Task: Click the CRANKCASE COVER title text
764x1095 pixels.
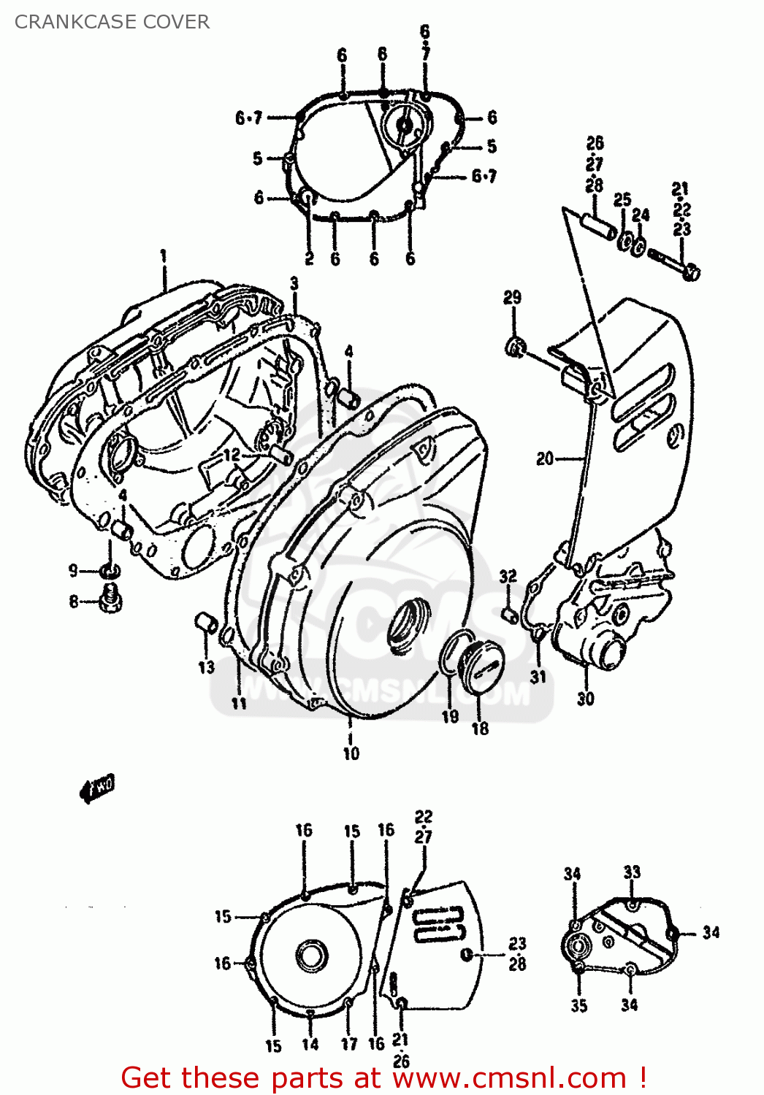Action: (112, 22)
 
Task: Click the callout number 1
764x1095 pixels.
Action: (164, 256)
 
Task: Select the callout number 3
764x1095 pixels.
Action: (294, 283)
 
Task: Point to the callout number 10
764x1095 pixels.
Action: (351, 753)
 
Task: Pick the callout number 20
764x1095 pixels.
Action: (545, 459)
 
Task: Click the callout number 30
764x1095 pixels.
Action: (586, 699)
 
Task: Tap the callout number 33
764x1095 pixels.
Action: (632, 872)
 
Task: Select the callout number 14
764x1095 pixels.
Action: (310, 1045)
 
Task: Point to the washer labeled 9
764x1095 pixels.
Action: (110, 570)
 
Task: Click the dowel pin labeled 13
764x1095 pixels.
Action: (205, 624)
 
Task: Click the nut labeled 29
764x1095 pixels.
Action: (514, 347)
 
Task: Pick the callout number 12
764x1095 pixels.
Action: (232, 456)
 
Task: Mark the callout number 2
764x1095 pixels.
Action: (309, 259)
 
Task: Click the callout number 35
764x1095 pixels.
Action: (578, 1006)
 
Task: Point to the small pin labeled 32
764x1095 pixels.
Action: (509, 614)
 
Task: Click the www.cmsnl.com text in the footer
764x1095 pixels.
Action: (503, 1078)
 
